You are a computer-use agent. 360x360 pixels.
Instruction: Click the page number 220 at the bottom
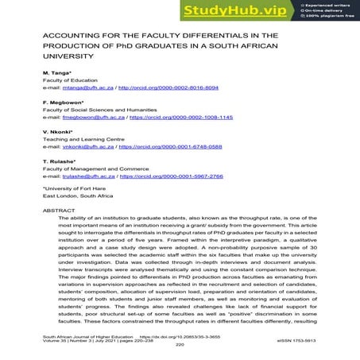coord(180,346)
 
